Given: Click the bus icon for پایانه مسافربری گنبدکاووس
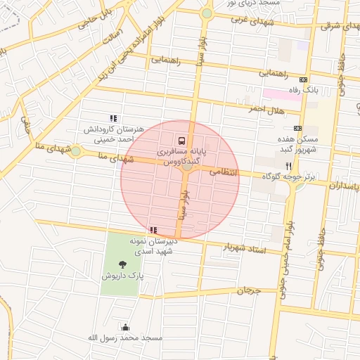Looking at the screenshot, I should click(x=182, y=140).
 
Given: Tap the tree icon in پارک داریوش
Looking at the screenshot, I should click(x=124, y=265).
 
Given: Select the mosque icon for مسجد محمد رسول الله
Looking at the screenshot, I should click(x=126, y=326).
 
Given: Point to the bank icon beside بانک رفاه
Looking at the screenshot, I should click(x=303, y=80).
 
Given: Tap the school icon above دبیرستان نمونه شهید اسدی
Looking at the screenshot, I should click(x=153, y=230).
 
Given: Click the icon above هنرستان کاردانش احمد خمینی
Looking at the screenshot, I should click(x=112, y=119).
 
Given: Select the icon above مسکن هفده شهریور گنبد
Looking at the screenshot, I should click(x=297, y=128).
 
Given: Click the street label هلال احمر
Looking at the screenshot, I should click(x=264, y=109).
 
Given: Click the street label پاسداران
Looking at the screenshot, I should click(x=344, y=185).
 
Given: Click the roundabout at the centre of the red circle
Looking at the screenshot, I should click(x=186, y=166).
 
